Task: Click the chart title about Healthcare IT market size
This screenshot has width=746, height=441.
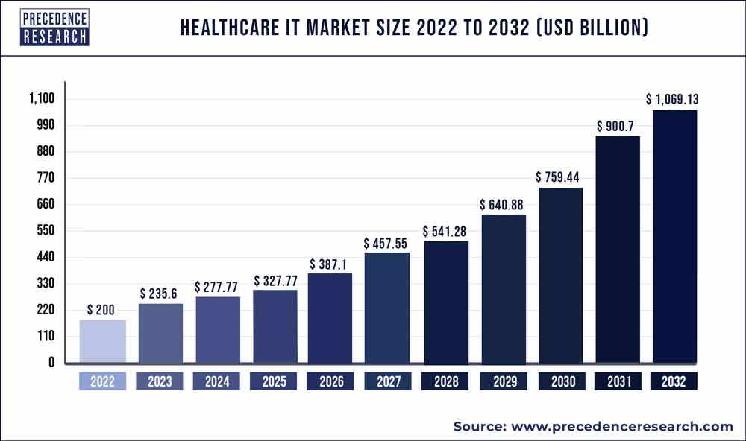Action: (x=414, y=28)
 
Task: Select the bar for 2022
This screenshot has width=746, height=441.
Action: (x=103, y=341)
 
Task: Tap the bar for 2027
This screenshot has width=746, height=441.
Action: (x=386, y=308)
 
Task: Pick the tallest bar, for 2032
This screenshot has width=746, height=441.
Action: (x=674, y=237)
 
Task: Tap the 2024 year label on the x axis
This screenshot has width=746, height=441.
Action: (x=216, y=382)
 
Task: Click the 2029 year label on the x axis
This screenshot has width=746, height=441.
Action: (x=504, y=382)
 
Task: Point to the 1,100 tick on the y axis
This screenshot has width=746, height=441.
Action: (x=43, y=98)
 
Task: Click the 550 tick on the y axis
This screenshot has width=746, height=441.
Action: (x=46, y=231)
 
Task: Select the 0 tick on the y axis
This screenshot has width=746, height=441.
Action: (x=51, y=363)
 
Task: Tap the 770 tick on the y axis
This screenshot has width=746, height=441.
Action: (x=46, y=178)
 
